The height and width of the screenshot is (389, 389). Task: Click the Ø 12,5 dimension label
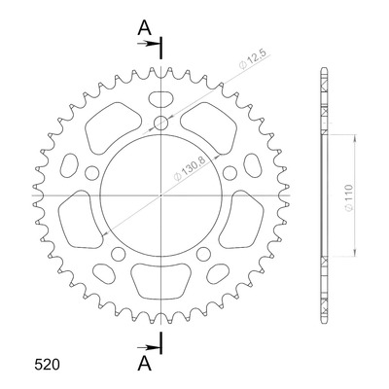pos(254,59)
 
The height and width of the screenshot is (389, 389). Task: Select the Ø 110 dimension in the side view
pos(348,198)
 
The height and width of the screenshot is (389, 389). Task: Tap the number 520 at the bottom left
pos(47,365)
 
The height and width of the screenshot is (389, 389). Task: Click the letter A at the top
pos(144,28)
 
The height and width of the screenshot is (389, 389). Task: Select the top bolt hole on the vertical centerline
pos(161,123)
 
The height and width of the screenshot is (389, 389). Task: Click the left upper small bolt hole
pos(92,173)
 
